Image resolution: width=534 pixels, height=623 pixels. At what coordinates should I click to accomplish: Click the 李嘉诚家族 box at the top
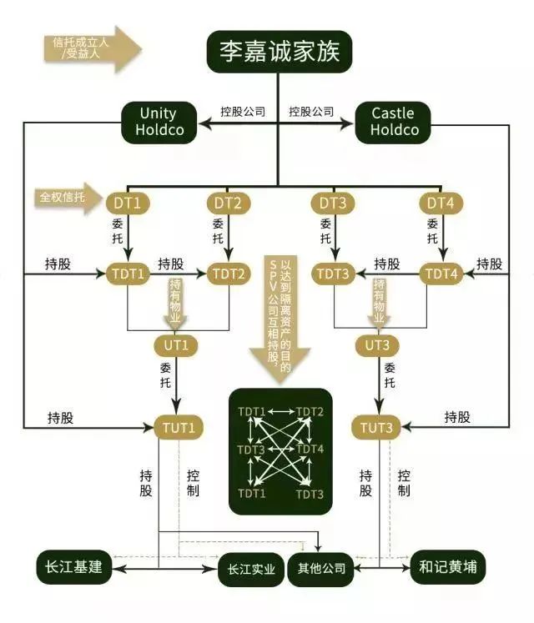click(280, 53)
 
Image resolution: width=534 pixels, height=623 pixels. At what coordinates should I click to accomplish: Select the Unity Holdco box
click(159, 121)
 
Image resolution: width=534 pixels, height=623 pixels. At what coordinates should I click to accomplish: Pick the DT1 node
click(128, 202)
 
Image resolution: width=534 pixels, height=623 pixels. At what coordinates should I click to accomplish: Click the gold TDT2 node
click(229, 273)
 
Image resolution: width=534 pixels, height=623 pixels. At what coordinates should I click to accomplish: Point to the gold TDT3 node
click(335, 273)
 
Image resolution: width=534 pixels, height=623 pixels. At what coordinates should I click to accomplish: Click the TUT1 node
click(179, 428)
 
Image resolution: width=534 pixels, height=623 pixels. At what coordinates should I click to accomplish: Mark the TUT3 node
click(377, 428)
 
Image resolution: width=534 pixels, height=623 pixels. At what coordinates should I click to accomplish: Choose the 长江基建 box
click(74, 567)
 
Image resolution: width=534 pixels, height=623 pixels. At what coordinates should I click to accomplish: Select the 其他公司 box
click(320, 570)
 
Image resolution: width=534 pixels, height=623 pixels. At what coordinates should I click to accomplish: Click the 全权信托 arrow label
click(63, 198)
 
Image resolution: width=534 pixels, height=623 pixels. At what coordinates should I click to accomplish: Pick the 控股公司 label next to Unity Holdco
click(243, 111)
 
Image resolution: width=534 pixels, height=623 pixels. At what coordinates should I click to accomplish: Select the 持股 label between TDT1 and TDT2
click(170, 263)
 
